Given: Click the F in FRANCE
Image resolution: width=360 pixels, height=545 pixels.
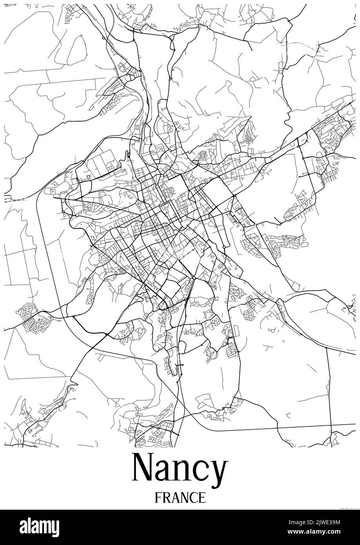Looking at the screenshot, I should click(158, 498).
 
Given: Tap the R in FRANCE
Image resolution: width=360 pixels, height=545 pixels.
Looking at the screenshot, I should click(166, 498).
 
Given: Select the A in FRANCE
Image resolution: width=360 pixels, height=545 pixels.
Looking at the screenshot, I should click(175, 498).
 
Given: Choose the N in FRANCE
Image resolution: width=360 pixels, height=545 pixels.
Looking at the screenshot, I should click(184, 498).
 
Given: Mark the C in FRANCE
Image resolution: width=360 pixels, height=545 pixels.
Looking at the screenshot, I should click(193, 498).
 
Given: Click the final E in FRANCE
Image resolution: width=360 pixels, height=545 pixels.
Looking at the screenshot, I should click(202, 498).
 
